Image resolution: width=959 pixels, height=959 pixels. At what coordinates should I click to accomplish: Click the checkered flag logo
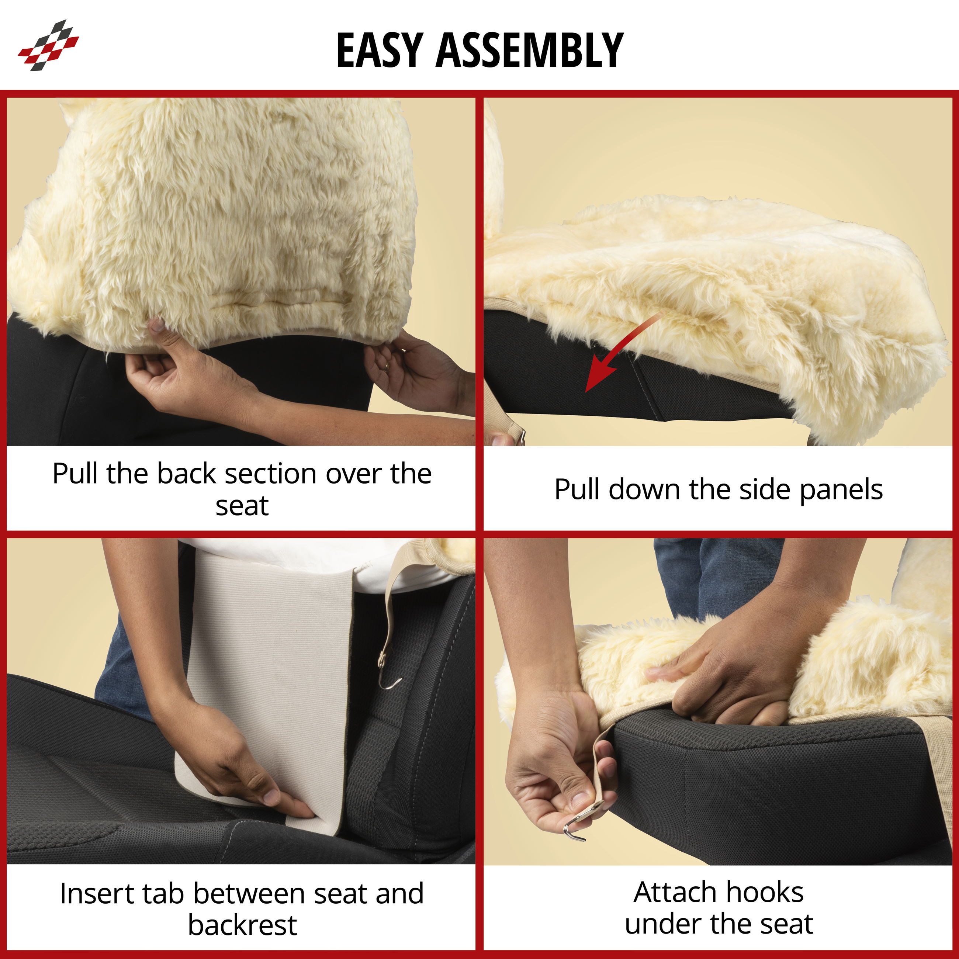tap(48, 45)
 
